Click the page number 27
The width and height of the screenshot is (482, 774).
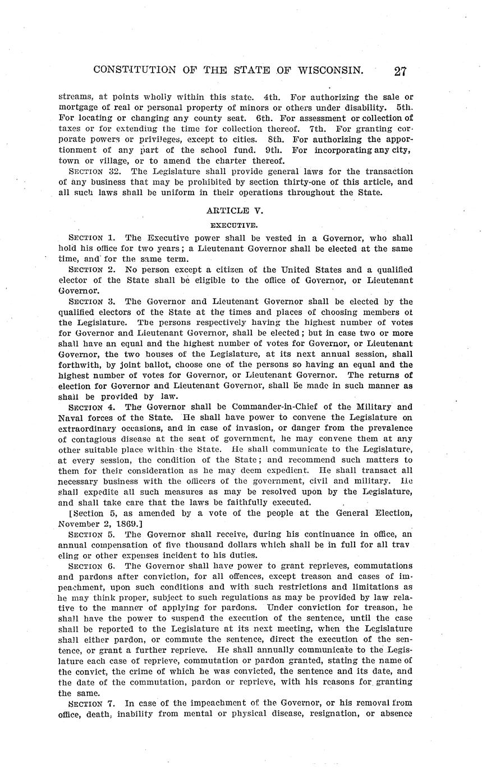(400, 71)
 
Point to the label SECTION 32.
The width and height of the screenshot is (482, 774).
(90, 172)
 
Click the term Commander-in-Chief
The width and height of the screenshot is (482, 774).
(290, 407)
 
